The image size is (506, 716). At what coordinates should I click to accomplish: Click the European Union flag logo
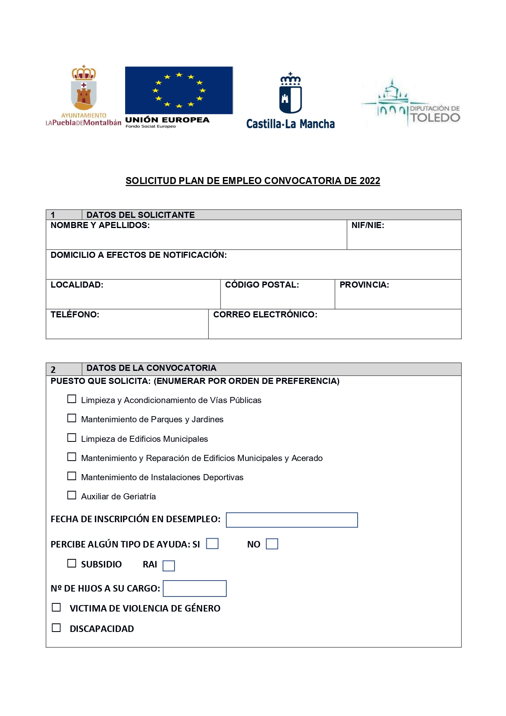point(179,91)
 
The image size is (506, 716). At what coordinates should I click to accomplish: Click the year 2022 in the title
point(370,181)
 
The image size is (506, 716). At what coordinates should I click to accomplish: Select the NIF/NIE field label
point(368,225)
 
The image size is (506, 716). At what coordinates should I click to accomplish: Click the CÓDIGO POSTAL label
point(262,285)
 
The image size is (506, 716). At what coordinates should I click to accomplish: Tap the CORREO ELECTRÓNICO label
point(265,315)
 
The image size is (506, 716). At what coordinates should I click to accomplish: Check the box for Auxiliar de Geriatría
point(72,495)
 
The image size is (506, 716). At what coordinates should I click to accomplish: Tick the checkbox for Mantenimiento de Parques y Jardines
point(72,418)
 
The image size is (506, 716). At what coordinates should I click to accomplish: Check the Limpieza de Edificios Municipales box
point(72,438)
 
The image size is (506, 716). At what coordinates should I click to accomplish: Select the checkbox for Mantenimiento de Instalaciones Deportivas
point(72,476)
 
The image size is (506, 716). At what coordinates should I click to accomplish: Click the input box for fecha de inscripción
point(292,520)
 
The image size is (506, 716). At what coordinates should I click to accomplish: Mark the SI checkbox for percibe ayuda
point(212,544)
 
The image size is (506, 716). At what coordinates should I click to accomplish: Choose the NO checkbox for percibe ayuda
point(272,544)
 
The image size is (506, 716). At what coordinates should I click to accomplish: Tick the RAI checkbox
point(169,566)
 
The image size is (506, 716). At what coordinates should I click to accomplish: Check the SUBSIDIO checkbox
point(72,563)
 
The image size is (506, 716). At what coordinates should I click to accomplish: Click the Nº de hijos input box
point(194,589)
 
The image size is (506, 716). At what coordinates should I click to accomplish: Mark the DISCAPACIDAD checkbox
point(56,628)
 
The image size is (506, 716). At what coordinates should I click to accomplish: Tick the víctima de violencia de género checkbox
point(56,607)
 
